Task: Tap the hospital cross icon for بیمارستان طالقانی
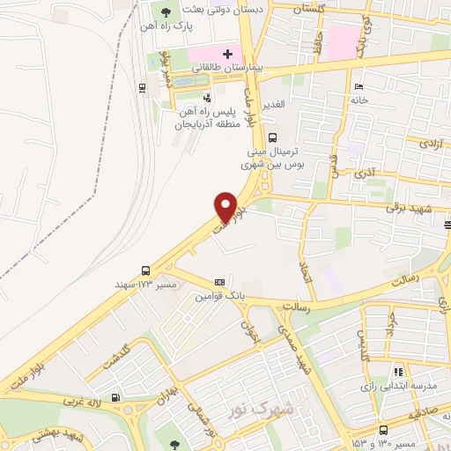[x=227, y=55]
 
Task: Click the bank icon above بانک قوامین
[x=219, y=283]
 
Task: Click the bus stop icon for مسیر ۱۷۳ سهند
[x=145, y=271]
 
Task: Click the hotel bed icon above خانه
[x=357, y=86]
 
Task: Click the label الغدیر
[x=273, y=106]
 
